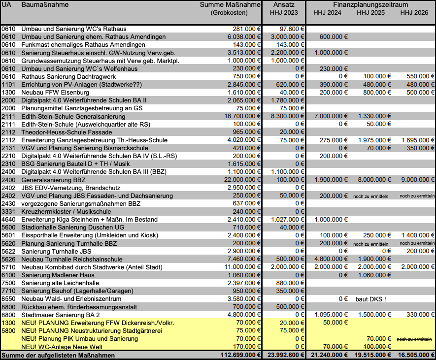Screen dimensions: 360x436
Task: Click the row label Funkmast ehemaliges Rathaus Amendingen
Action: coord(83,45)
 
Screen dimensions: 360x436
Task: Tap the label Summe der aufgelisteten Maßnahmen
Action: coord(58,355)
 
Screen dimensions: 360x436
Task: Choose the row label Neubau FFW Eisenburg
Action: coord(55,92)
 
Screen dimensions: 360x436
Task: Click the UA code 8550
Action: coord(8,299)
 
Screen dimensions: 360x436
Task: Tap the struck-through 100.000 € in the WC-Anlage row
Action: coord(373,347)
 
